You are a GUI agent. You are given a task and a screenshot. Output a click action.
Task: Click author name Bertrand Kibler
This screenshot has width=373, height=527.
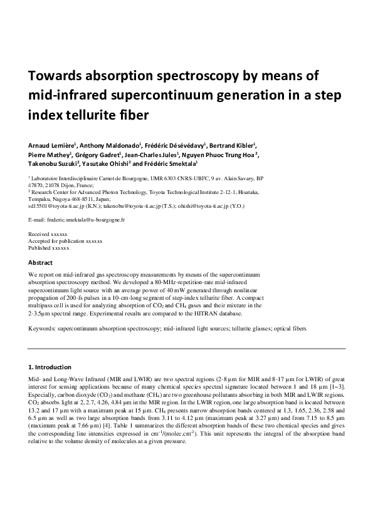click(233, 146)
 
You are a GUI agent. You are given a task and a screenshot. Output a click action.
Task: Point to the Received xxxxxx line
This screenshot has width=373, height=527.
click(49, 233)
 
